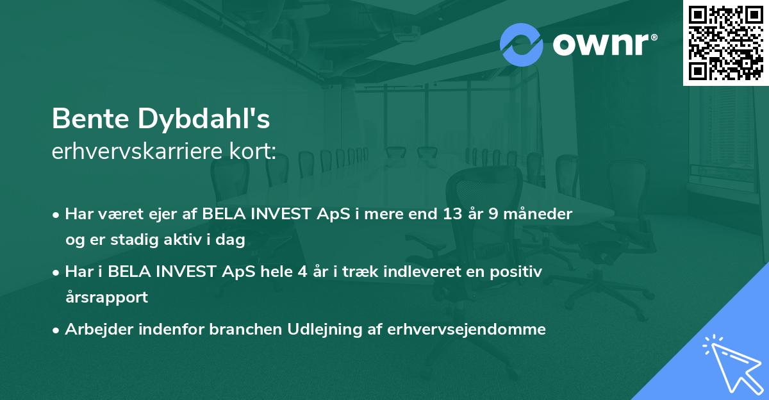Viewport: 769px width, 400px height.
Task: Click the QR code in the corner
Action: pyautogui.click(x=725, y=43)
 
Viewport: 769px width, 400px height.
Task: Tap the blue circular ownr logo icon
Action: pyautogui.click(x=522, y=44)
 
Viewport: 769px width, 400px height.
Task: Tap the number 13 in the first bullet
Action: pyautogui.click(x=446, y=214)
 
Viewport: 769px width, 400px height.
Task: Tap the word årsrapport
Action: pyautogui.click(x=106, y=297)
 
